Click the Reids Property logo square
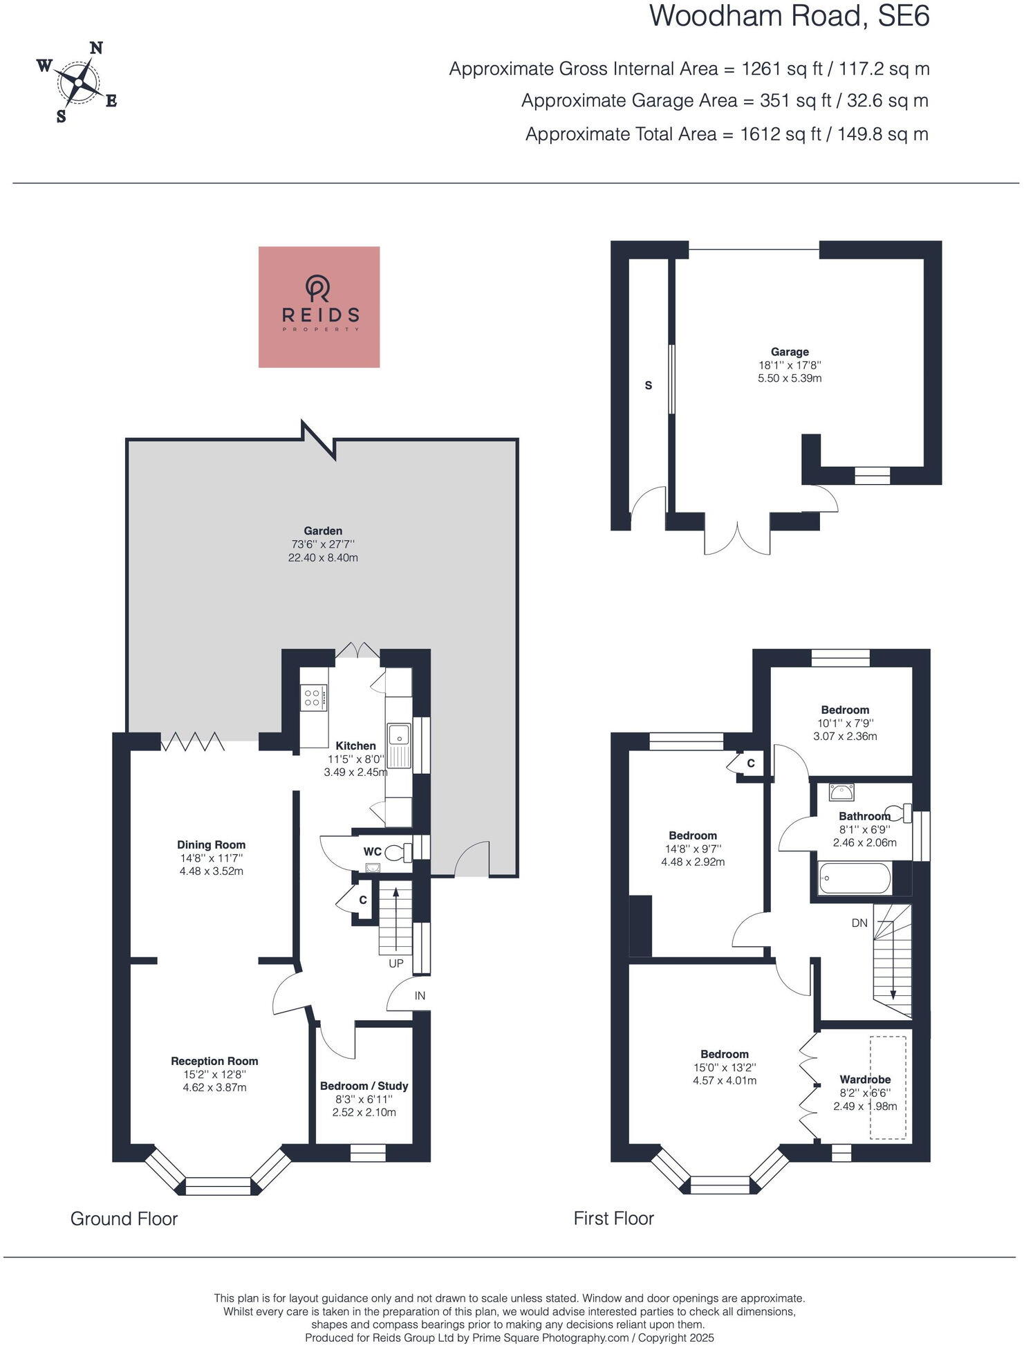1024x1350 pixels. point(319,306)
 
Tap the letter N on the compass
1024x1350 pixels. point(97,48)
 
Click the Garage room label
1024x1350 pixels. point(790,352)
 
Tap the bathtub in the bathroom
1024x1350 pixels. point(855,880)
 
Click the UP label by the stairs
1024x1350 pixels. point(396,963)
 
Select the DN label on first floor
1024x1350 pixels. point(859,923)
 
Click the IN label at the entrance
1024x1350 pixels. point(420,996)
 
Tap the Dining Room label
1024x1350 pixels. point(211,844)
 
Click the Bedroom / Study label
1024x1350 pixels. point(364,1086)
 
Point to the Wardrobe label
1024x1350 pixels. point(865,1079)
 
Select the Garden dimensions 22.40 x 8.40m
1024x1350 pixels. point(323,557)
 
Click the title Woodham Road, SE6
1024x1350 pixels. point(789,17)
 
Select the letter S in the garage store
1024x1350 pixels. point(648,385)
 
